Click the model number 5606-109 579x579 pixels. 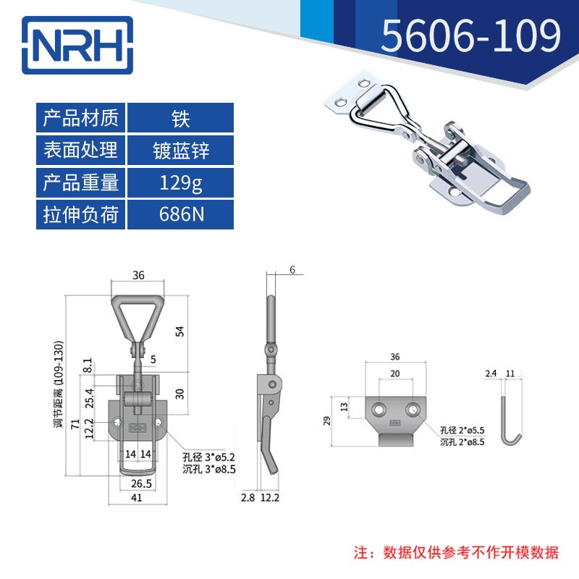click(x=470, y=36)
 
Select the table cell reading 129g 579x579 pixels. click(x=181, y=182)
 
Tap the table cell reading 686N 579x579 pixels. click(x=181, y=215)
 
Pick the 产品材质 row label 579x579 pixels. click(x=81, y=118)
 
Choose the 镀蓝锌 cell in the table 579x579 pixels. click(x=181, y=151)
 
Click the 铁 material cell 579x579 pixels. click(x=181, y=118)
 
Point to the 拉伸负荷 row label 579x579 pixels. click(x=81, y=215)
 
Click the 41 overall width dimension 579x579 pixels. click(x=137, y=498)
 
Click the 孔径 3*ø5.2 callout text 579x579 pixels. click(x=209, y=456)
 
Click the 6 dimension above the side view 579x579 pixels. click(x=292, y=270)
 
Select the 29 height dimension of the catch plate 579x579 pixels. click(x=327, y=420)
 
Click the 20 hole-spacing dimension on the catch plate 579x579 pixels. click(x=394, y=373)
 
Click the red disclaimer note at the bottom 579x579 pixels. click(x=456, y=552)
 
